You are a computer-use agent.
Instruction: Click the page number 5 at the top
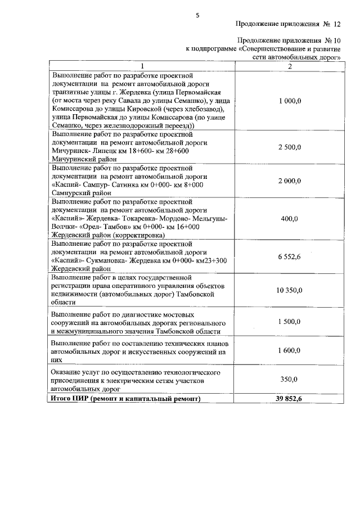(x=197, y=15)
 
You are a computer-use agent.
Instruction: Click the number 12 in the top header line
(x=337, y=25)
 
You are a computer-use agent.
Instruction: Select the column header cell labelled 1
(x=142, y=66)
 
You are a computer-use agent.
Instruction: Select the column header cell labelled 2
(x=290, y=66)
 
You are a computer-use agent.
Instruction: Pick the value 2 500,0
(x=290, y=147)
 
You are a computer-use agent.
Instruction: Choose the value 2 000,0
(x=290, y=181)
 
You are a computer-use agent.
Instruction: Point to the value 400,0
(x=289, y=218)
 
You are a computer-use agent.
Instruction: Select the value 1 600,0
(x=290, y=350)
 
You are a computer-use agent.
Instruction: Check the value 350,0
(x=289, y=380)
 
